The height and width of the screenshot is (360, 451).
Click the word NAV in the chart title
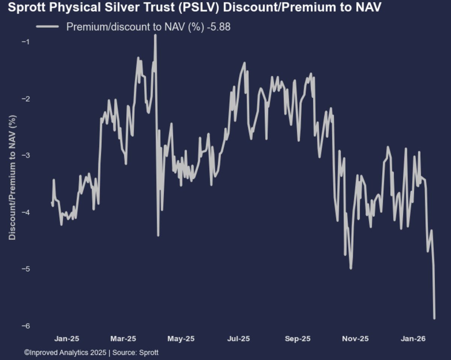point(368,7)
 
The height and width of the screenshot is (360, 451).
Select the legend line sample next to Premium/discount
point(47,27)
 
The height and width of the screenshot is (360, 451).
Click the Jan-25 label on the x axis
point(67,339)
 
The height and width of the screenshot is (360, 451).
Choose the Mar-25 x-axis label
point(123,339)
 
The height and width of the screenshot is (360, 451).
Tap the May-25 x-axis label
point(181,339)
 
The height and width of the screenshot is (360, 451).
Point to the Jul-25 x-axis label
point(239,339)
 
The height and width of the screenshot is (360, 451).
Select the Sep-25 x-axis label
point(297,339)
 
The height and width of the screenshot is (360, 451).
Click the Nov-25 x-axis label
point(355,339)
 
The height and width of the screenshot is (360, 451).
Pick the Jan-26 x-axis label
point(413,339)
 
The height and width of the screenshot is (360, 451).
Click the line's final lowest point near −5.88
point(434,318)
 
